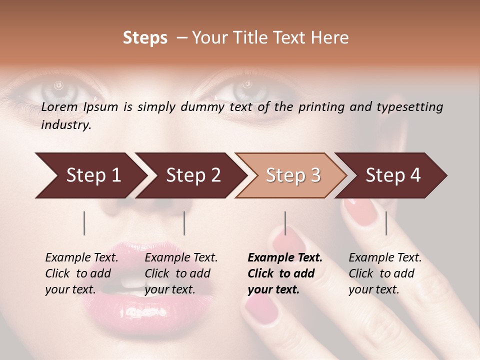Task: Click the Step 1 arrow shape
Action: click(x=90, y=175)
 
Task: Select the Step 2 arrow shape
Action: click(x=190, y=175)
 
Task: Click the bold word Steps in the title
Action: click(x=145, y=38)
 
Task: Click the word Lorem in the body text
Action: click(x=59, y=106)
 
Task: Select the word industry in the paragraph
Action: click(x=65, y=125)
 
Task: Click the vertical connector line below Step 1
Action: click(x=84, y=223)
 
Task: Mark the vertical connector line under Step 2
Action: click(x=184, y=223)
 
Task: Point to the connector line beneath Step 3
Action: click(x=285, y=223)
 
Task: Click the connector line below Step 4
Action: click(x=386, y=223)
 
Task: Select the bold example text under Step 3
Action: click(x=284, y=273)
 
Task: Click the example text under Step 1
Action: click(x=81, y=273)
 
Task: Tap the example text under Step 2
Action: click(x=180, y=273)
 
